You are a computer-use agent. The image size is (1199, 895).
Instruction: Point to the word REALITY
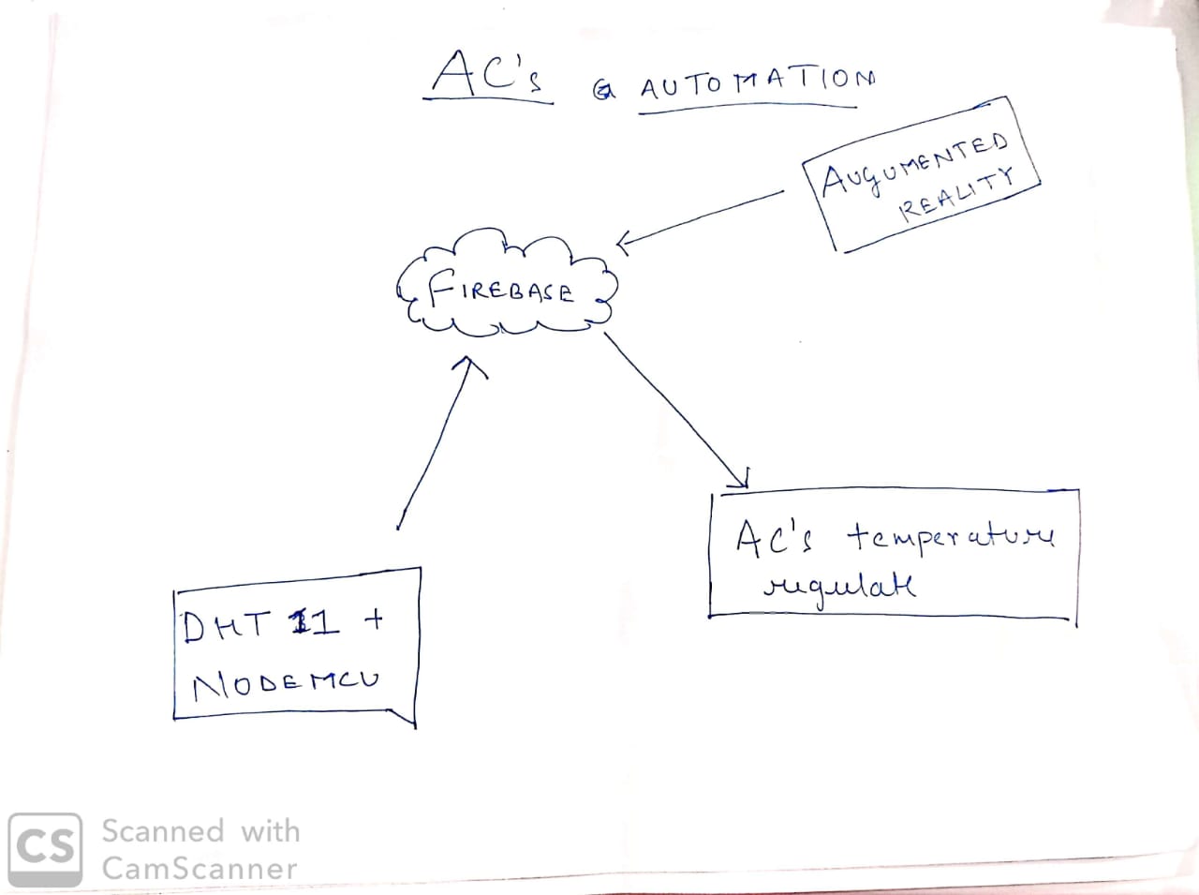[x=955, y=195]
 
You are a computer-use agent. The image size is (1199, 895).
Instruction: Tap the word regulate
[x=839, y=588]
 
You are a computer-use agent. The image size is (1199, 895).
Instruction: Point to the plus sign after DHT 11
[x=373, y=619]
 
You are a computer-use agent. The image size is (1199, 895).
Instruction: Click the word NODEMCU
[x=286, y=683]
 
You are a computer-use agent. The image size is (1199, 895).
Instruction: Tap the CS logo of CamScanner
[x=44, y=849]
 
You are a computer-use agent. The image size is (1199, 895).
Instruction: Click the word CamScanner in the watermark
[x=200, y=869]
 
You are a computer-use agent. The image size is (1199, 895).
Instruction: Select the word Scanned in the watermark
[x=163, y=831]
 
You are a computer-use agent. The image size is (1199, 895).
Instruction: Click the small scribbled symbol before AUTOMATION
[x=605, y=90]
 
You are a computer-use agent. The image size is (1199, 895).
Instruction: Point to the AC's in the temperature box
[x=774, y=538]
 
